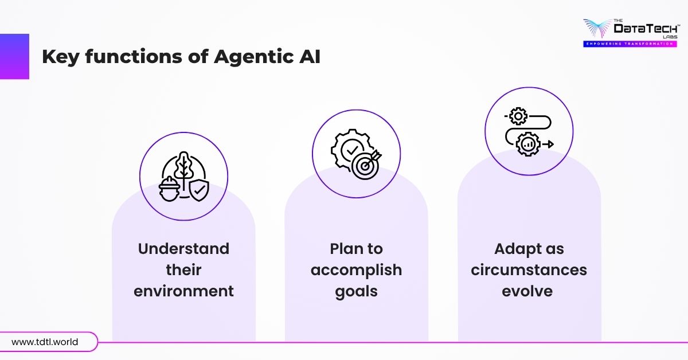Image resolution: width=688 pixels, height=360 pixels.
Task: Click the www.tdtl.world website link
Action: (x=45, y=342)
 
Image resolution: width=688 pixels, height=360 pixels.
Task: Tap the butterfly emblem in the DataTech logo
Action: (x=597, y=28)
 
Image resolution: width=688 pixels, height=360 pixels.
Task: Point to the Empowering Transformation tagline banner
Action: (x=631, y=44)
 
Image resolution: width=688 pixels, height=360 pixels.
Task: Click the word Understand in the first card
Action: (x=183, y=249)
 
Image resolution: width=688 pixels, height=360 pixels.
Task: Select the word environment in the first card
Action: (x=183, y=291)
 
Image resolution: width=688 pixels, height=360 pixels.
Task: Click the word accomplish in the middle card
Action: (x=356, y=269)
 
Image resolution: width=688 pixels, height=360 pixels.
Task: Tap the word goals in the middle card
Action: (x=356, y=291)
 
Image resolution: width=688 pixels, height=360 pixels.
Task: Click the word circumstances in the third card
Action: (x=529, y=269)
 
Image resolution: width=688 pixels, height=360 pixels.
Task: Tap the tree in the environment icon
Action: (x=183, y=169)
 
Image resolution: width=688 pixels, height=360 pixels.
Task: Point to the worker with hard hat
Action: (x=169, y=187)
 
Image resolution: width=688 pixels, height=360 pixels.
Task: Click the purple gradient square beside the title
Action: (x=14, y=56)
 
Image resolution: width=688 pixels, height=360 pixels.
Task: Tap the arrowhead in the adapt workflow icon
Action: (x=550, y=144)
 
